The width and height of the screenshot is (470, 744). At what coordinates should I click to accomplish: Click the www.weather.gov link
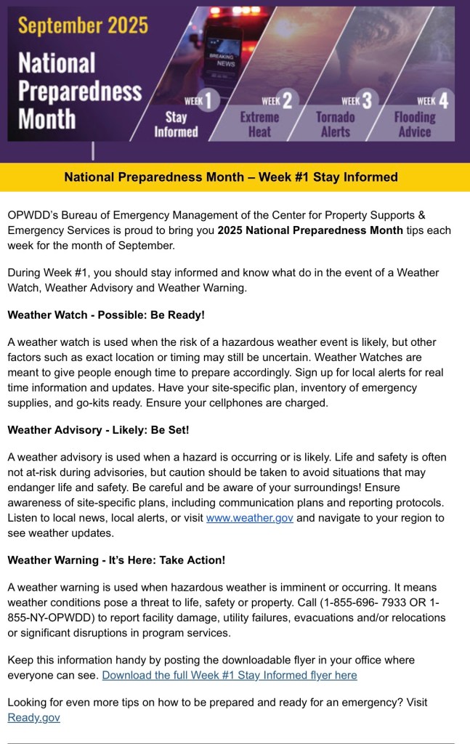[x=249, y=519]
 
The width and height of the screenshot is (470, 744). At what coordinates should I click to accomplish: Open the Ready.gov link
[x=33, y=717]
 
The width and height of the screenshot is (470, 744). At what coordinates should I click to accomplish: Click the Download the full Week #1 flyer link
[x=230, y=675]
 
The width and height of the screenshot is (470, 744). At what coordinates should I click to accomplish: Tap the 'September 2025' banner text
[x=83, y=27]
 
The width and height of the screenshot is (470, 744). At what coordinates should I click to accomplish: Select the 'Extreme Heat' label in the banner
[x=260, y=124]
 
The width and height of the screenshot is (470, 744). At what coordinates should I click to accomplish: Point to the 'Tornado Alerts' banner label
[x=336, y=124]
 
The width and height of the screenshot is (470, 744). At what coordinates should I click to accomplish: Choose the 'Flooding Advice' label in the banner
[x=415, y=124]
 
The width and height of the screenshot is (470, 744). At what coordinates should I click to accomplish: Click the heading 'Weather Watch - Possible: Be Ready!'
[x=106, y=315]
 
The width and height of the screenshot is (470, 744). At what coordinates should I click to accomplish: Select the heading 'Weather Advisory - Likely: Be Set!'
[x=98, y=430]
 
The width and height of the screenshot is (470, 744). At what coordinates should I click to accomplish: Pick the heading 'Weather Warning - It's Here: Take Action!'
[x=116, y=560]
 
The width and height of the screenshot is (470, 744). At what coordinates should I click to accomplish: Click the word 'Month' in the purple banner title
[x=47, y=118]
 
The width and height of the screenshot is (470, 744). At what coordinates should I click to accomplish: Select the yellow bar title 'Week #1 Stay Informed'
[x=231, y=177]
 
